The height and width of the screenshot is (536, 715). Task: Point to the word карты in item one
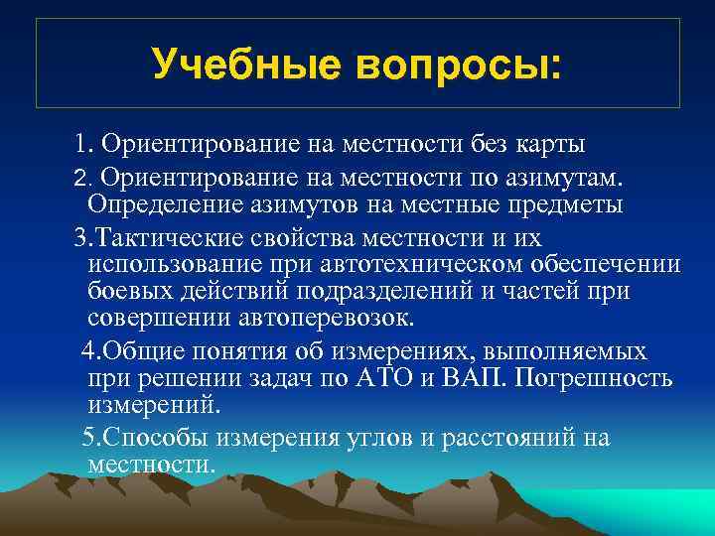pos(549,145)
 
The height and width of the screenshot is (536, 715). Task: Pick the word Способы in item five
pos(145,439)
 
